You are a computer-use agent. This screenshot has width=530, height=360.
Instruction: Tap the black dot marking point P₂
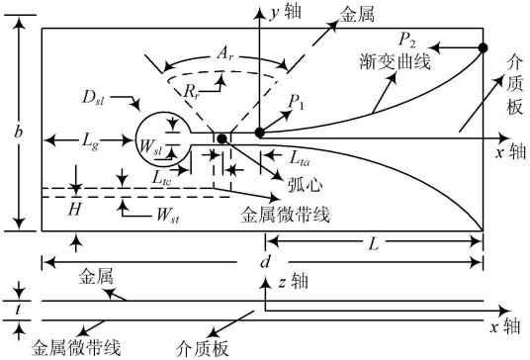[x=484, y=47]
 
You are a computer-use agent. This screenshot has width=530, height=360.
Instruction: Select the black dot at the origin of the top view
[x=260, y=132]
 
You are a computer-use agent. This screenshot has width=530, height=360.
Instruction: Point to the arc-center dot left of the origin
[x=222, y=138]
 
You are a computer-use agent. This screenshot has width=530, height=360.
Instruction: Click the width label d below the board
[x=265, y=261]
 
